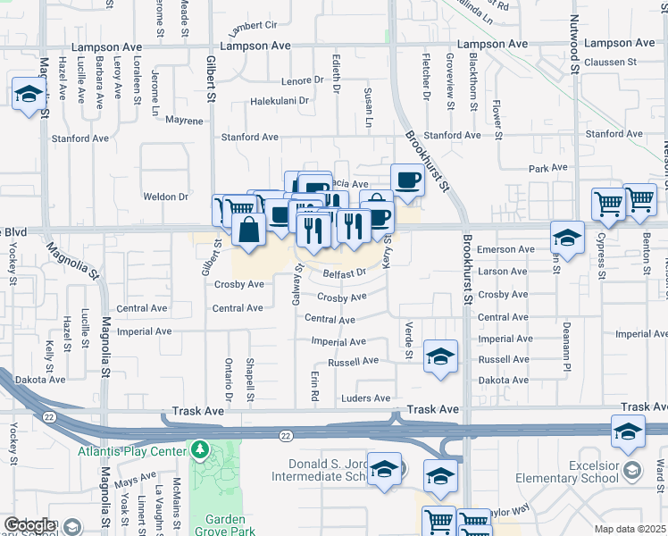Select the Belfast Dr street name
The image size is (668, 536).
coord(346,274)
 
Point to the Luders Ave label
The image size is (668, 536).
coord(366,398)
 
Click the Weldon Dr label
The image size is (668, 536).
coord(165,197)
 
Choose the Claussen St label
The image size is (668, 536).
coord(612,63)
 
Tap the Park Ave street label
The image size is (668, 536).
coord(548,168)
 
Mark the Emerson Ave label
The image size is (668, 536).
coord(505,249)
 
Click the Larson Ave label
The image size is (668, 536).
coord(503,272)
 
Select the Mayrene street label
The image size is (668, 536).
coord(184,119)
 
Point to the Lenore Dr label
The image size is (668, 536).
coord(302,80)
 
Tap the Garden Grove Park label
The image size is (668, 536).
coord(225,525)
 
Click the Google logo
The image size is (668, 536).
coord(29,525)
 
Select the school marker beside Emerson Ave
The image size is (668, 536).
coord(566,237)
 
